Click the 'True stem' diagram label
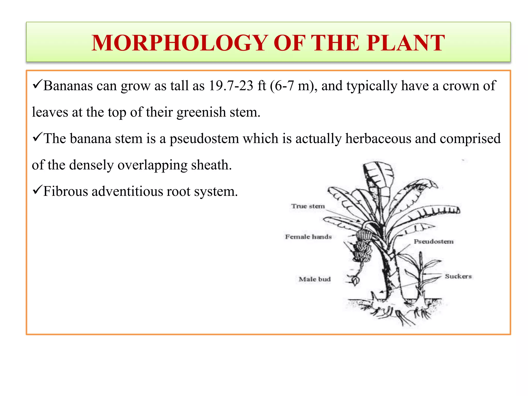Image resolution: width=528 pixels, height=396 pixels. [308, 206]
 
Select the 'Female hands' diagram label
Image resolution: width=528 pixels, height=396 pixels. [308, 237]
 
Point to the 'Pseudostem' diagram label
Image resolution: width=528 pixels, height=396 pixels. [434, 242]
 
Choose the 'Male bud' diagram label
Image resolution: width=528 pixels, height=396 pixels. [315, 279]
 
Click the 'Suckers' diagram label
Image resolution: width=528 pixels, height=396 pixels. [458, 276]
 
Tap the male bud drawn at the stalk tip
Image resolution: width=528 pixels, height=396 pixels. [355, 280]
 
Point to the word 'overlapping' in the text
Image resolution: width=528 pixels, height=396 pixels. [152, 165]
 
